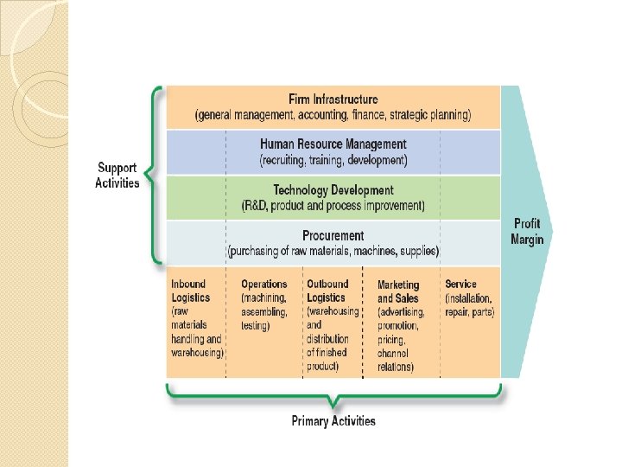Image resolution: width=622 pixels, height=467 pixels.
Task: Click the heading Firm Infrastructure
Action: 333,99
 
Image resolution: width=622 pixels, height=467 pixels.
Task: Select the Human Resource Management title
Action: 333,144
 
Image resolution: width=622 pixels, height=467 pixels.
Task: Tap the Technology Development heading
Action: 333,190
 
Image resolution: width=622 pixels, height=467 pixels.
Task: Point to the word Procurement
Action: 333,235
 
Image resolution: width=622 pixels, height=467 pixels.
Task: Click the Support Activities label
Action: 117,176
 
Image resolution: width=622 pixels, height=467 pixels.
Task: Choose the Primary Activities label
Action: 333,421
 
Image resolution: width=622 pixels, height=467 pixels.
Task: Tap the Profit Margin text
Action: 527,231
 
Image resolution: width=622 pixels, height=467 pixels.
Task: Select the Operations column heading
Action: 263,284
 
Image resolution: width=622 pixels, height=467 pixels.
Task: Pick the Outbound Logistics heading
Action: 327,291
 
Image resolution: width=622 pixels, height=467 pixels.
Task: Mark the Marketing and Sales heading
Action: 398,291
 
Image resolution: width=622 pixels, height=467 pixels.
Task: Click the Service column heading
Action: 460,284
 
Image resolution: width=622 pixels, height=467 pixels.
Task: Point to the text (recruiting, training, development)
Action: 333,160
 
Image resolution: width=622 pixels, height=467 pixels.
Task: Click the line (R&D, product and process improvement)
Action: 333,206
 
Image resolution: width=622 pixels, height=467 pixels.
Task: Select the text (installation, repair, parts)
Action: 469,305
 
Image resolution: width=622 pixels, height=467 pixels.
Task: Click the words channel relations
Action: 396,361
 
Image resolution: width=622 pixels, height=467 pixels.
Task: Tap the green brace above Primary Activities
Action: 333,398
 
